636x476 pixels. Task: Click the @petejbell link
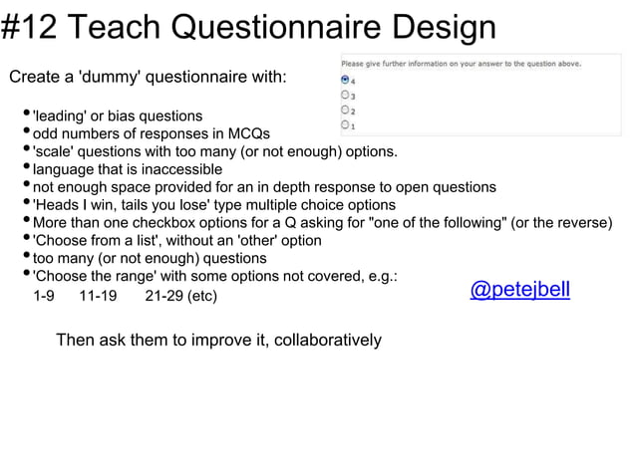point(519,289)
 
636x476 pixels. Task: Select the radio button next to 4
point(345,80)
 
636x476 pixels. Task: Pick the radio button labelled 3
point(345,95)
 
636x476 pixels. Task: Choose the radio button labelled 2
point(345,110)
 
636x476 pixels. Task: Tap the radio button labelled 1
point(345,124)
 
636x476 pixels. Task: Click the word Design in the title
point(440,27)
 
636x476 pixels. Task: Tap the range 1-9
point(44,296)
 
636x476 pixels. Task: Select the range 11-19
point(98,296)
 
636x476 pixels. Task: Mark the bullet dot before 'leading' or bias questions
point(25,116)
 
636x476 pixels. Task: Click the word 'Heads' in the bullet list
point(56,205)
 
